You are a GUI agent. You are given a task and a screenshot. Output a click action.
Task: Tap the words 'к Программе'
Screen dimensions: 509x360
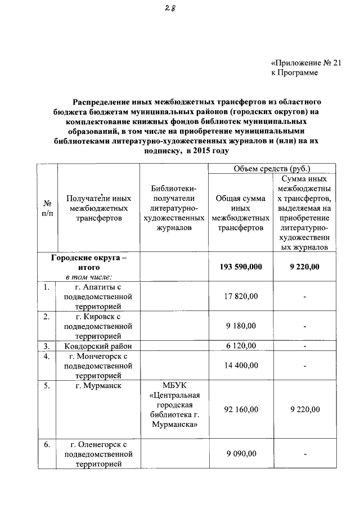(294, 73)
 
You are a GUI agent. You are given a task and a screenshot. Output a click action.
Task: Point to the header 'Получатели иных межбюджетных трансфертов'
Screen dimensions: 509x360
(99, 208)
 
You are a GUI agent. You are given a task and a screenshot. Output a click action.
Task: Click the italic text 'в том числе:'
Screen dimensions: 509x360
(88, 276)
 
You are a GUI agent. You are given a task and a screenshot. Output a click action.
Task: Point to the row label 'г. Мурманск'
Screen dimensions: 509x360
(93, 386)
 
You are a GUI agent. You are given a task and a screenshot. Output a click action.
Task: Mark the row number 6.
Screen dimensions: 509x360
(48, 445)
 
